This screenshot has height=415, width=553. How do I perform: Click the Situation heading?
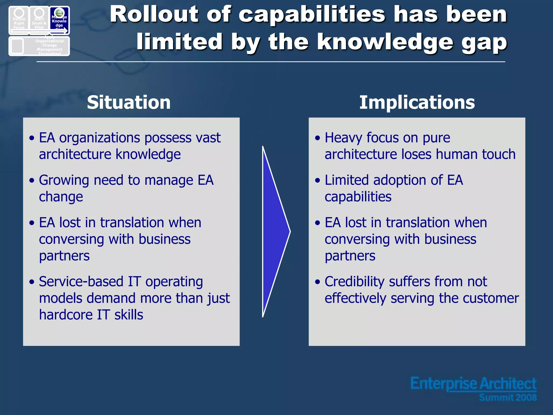129,102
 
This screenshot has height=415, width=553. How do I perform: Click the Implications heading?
417,102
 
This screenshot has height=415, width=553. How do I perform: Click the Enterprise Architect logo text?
473,384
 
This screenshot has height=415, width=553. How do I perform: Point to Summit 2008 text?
508,397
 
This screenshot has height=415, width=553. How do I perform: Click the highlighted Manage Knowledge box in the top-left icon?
59,20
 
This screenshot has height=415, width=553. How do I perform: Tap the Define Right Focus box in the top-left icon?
19,20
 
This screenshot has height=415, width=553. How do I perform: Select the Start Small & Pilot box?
39,20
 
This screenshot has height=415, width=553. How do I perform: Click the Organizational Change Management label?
50,45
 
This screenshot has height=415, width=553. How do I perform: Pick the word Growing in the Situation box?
64,180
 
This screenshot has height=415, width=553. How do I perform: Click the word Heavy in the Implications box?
343,138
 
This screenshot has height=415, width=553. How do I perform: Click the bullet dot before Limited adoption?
318,180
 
